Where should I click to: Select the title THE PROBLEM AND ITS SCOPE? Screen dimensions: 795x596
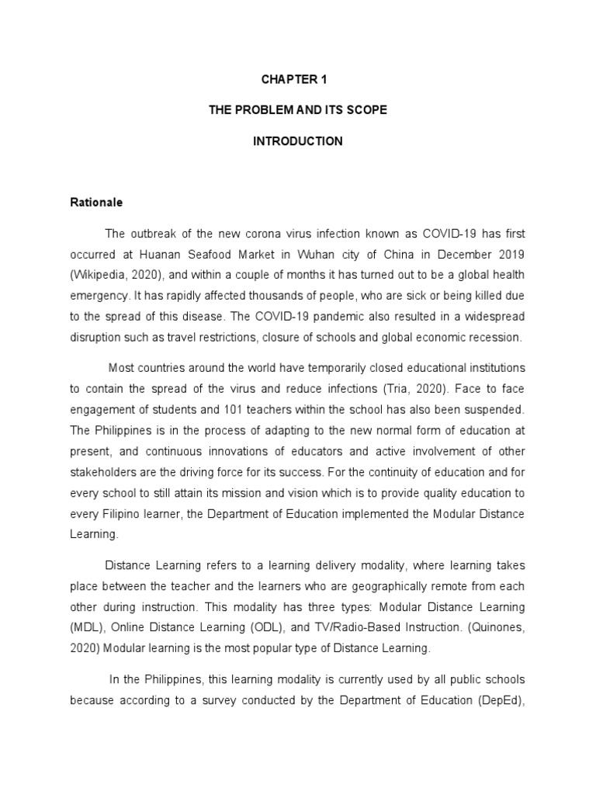(298, 110)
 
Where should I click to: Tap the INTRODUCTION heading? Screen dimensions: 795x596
(298, 141)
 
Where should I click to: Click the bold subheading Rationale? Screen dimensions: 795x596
(96, 202)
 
